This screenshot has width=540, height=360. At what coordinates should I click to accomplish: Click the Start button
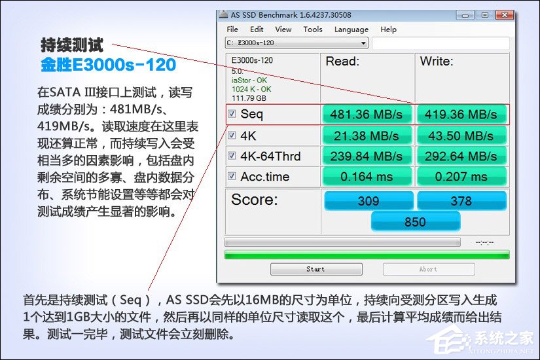[x=315, y=269]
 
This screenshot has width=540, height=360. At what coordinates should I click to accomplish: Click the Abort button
[x=428, y=269]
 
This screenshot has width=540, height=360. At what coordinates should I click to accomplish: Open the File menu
[x=232, y=29]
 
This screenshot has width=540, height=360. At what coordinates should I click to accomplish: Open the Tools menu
[x=313, y=29]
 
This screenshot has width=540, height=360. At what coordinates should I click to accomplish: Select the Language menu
[x=351, y=29]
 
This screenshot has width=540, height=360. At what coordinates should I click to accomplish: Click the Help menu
[x=388, y=29]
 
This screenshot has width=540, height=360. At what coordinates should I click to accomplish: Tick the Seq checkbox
[x=232, y=114]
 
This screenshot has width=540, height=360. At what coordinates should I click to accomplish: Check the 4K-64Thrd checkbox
[x=232, y=156]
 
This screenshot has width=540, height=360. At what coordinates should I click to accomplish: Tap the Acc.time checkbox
[x=232, y=177]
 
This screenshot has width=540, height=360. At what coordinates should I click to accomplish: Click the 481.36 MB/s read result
[x=366, y=115]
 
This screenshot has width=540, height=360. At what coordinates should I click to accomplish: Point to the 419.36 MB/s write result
[x=461, y=115]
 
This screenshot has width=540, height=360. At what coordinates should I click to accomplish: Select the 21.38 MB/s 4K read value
[x=366, y=135]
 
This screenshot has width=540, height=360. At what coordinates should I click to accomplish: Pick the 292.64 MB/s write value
[x=461, y=156]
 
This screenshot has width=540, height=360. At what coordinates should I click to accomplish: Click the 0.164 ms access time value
[x=366, y=177]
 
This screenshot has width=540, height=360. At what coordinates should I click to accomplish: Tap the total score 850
[x=415, y=222]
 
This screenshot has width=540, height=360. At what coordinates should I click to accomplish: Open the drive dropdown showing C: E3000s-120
[x=297, y=43]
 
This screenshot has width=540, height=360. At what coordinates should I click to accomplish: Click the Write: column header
[x=437, y=62]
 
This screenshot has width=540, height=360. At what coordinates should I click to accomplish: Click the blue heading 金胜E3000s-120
[x=108, y=65]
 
